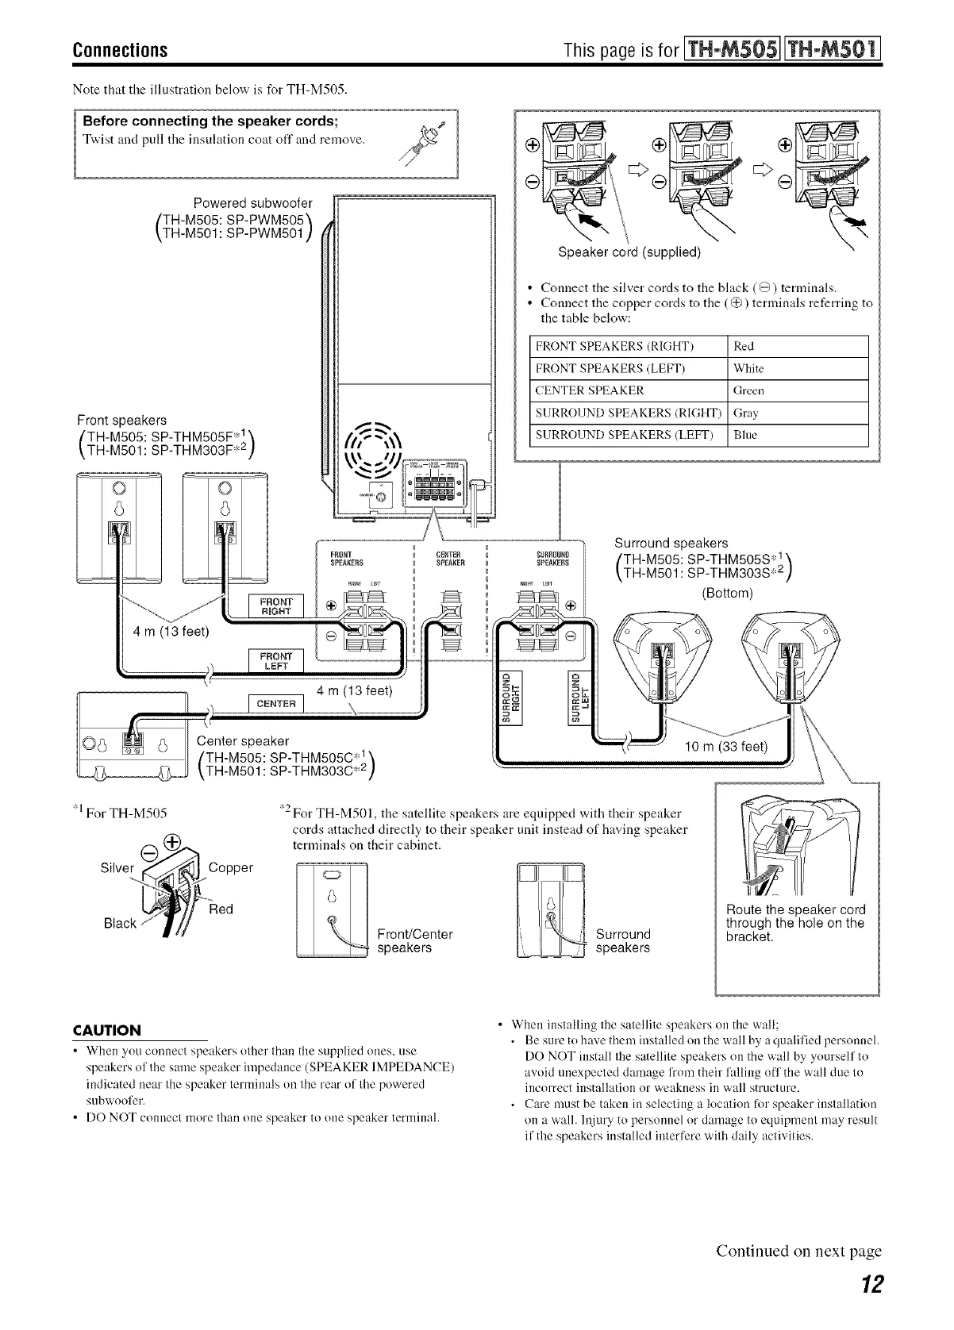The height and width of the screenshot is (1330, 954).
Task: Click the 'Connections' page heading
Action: [121, 51]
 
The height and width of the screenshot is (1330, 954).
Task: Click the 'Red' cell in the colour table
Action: [744, 346]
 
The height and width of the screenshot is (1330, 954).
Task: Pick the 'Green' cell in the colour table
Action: [749, 390]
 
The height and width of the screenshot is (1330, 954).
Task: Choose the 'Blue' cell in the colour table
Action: [746, 435]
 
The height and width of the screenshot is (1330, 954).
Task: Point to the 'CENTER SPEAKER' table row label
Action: [590, 390]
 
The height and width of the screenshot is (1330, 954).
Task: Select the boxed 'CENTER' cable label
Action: [276, 705]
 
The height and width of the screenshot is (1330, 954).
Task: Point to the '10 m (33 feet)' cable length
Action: [726, 746]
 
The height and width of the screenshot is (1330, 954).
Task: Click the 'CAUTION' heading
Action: [107, 1030]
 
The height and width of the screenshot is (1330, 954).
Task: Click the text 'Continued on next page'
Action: [798, 1251]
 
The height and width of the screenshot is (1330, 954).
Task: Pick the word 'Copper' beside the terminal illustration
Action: [230, 867]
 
